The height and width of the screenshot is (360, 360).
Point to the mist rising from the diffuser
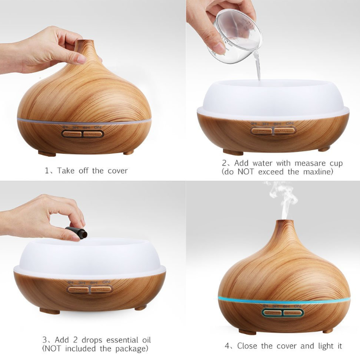[283, 201]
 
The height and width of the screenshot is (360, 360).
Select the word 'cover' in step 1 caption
[117, 170]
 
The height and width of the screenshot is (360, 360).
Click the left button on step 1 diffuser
[72, 134]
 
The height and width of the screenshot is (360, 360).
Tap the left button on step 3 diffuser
[78, 289]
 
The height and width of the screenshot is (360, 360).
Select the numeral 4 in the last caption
[227, 346]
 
